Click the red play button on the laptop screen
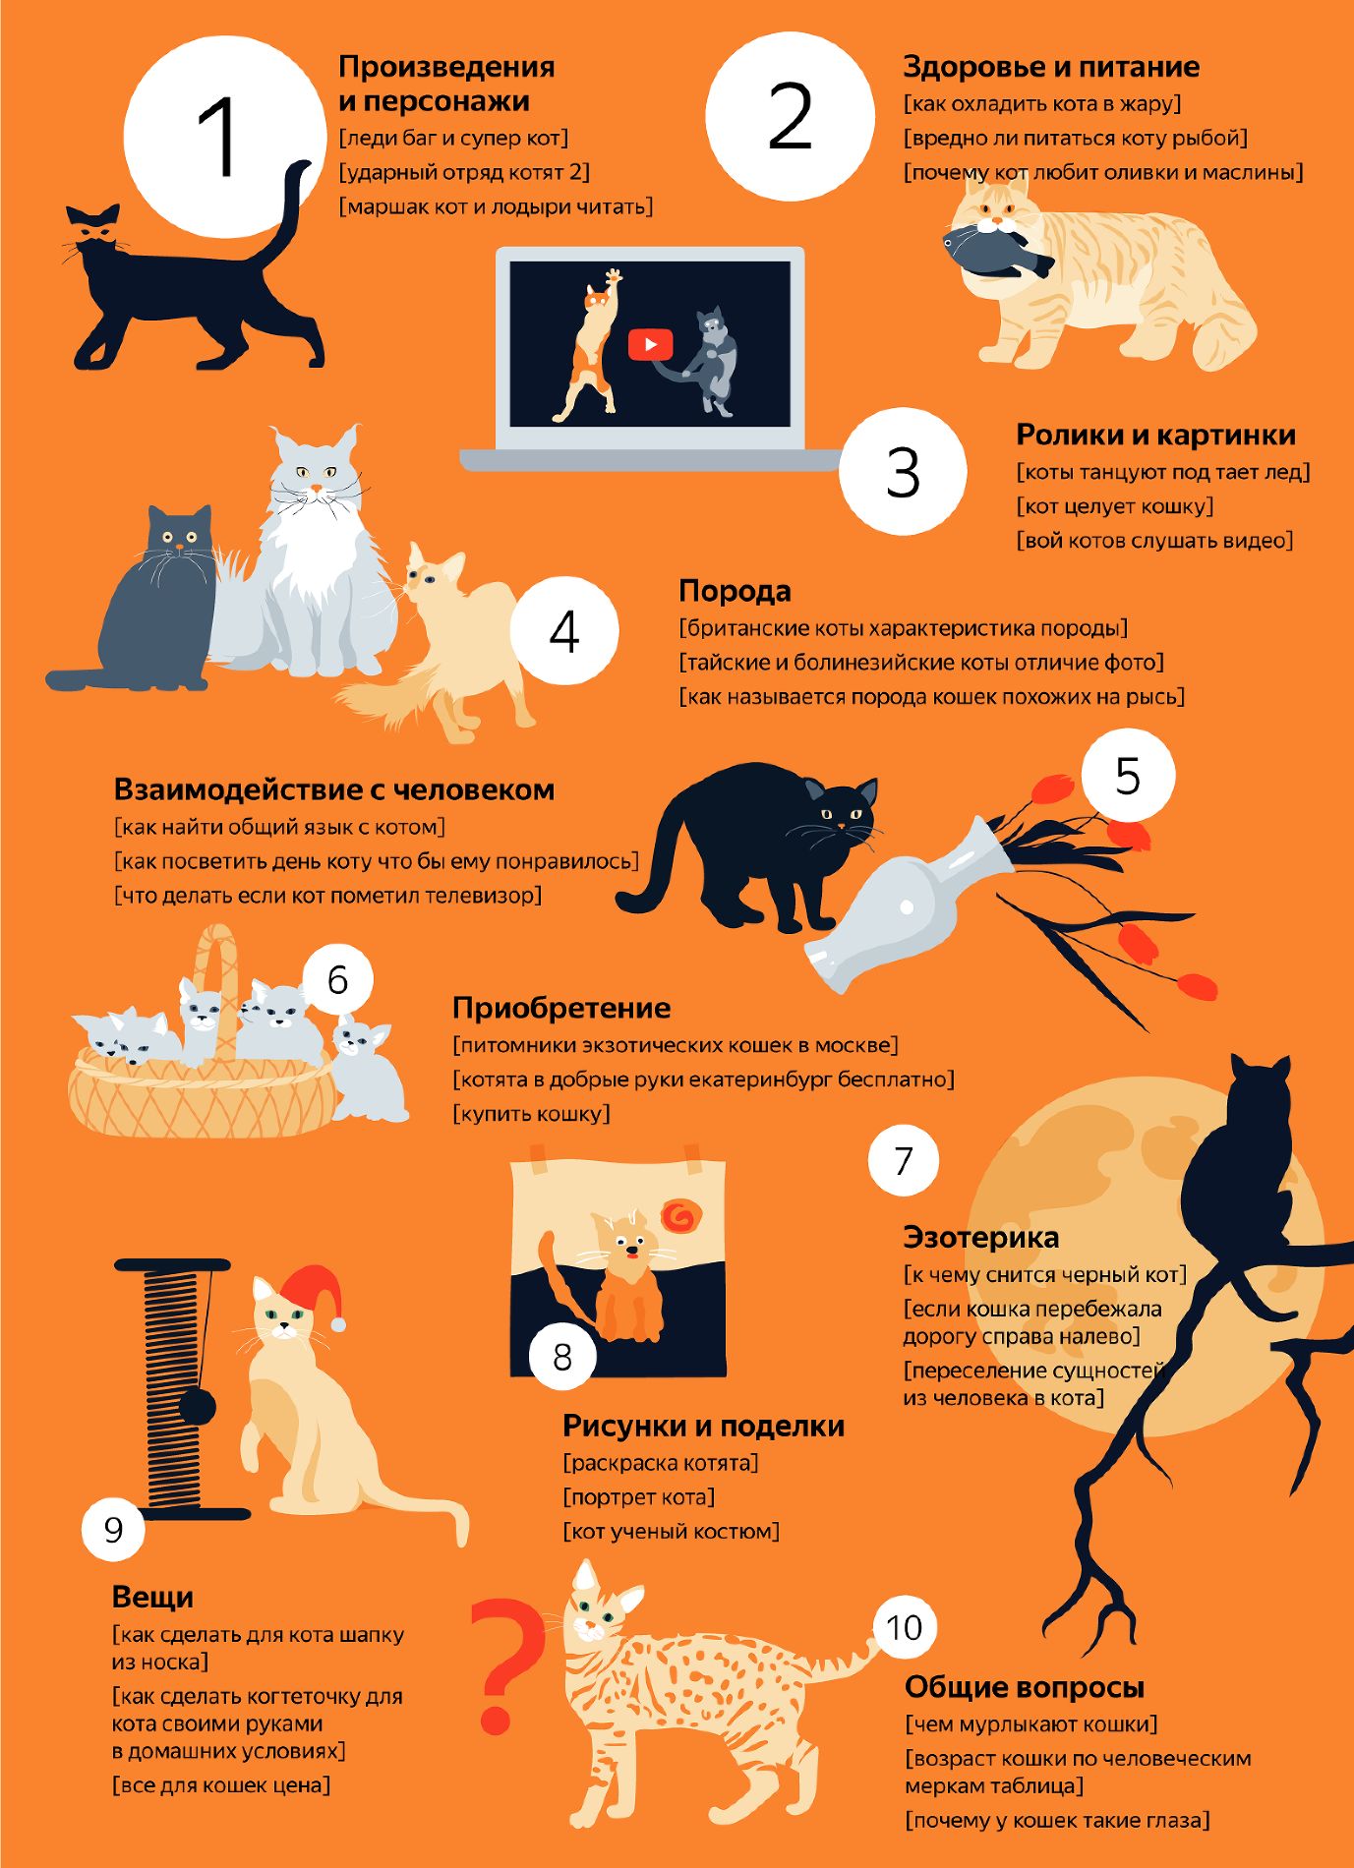tap(650, 344)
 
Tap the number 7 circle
tap(904, 1160)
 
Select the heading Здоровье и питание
tap(1051, 67)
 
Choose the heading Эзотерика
tap(980, 1237)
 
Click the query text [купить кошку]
tap(531, 1113)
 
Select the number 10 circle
tap(904, 1627)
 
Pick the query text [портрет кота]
tap(639, 1496)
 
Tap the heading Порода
tap(735, 592)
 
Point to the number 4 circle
tap(564, 631)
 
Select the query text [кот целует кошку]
tap(1115, 506)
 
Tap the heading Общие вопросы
tap(1025, 1687)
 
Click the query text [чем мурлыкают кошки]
tap(1031, 1724)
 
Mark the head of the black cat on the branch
tap(1260, 1086)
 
